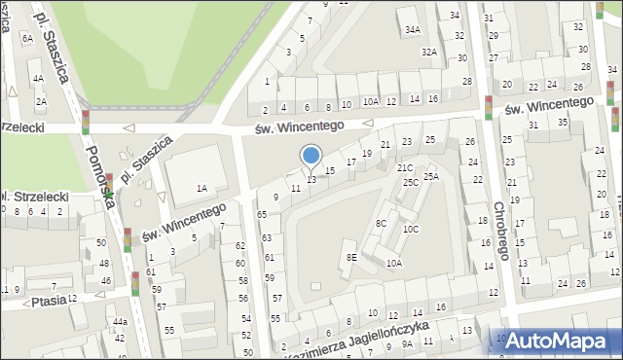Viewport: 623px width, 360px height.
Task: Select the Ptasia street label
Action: pos(48,301)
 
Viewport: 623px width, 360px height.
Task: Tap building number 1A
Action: pos(202,189)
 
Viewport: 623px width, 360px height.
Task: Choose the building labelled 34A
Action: pos(413,31)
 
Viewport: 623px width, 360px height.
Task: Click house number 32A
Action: pos(428,52)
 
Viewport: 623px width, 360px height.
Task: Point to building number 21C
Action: pos(404,168)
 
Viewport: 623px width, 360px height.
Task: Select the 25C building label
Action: pos(411,182)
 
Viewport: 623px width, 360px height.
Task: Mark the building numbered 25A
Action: pos(431,176)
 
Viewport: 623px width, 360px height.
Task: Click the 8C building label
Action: pos(381,224)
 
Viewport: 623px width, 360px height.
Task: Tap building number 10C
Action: pos(411,230)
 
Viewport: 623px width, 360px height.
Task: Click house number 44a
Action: pos(119,321)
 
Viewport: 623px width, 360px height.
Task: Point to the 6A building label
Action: pos(26,38)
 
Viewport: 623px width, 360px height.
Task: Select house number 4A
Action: pos(38,78)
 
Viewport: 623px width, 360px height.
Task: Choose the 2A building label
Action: pos(41,101)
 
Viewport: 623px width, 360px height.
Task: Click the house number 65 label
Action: pos(262,214)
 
